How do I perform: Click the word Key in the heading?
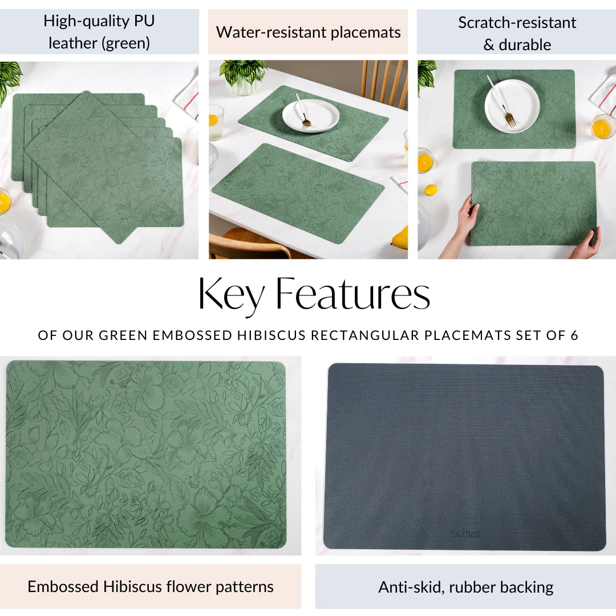(x=232, y=295)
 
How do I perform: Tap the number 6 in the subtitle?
(x=574, y=335)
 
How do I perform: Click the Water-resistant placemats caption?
(x=309, y=32)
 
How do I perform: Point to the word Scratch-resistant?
(x=517, y=22)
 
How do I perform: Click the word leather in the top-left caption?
(x=72, y=43)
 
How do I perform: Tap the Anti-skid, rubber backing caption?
(x=465, y=587)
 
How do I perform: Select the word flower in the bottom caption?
(x=188, y=586)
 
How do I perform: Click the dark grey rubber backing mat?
(x=465, y=457)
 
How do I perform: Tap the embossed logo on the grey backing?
(x=465, y=534)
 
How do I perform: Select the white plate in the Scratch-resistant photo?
(x=512, y=106)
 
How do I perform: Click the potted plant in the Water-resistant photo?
(x=243, y=76)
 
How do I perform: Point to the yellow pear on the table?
(x=400, y=237)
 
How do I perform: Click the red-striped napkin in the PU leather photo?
(x=188, y=97)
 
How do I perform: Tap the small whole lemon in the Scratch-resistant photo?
(x=431, y=190)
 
